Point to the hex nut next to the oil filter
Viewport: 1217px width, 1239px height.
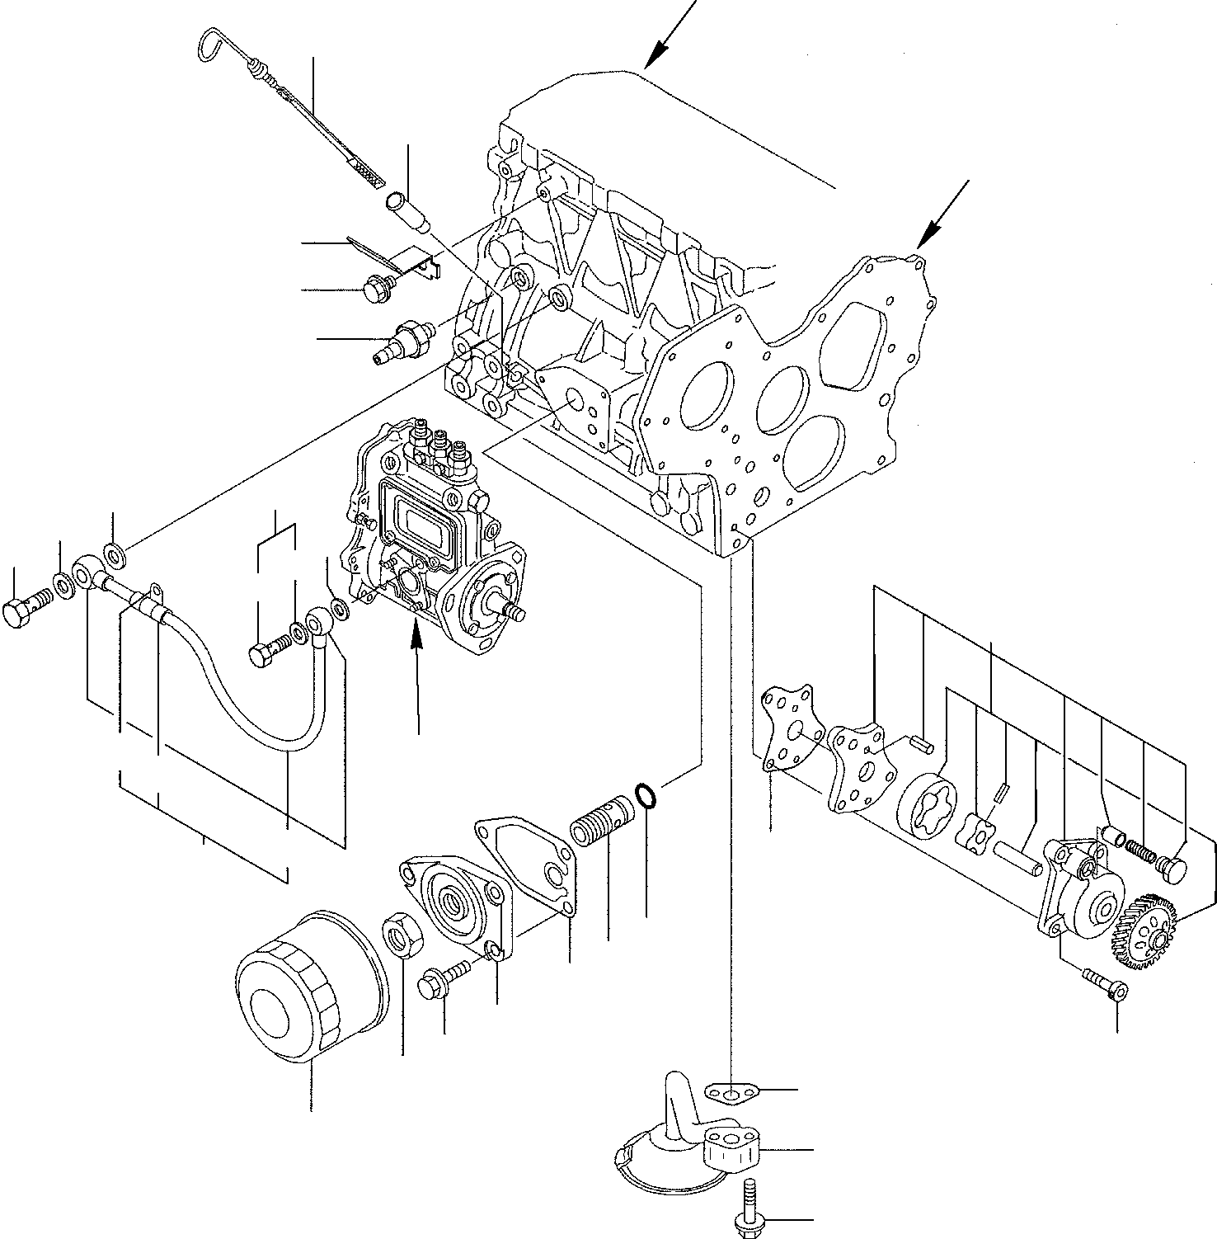[402, 934]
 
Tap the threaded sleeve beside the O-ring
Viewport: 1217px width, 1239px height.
[600, 820]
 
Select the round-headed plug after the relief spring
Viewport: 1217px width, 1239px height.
[1174, 866]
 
